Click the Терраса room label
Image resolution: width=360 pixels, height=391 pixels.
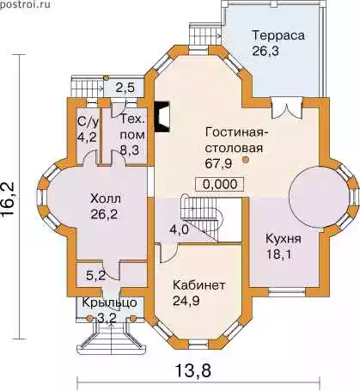(x=278, y=36)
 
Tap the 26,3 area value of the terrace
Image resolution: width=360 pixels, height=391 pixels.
(x=265, y=51)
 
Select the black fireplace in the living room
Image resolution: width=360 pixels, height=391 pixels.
(x=162, y=117)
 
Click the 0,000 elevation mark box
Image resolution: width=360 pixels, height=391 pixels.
(x=220, y=184)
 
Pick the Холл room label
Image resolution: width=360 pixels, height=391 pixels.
(x=106, y=199)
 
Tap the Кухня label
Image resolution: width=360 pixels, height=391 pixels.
(x=284, y=239)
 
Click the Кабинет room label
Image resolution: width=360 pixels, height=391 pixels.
(x=198, y=285)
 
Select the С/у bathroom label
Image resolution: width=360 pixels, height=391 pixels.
(x=88, y=123)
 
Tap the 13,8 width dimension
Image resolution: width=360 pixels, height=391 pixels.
(x=193, y=370)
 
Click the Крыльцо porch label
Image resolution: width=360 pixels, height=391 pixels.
(x=110, y=302)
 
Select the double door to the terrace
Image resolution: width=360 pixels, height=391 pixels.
(x=287, y=107)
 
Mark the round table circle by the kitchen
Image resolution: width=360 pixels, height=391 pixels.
(x=319, y=198)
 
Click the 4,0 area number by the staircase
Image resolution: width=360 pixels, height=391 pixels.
(x=180, y=229)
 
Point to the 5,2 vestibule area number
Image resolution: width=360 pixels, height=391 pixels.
(x=96, y=276)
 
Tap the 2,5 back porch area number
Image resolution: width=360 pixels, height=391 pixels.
(x=125, y=88)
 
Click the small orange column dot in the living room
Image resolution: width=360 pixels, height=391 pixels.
(x=245, y=160)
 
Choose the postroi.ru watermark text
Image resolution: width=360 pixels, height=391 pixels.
(x=25, y=4)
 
